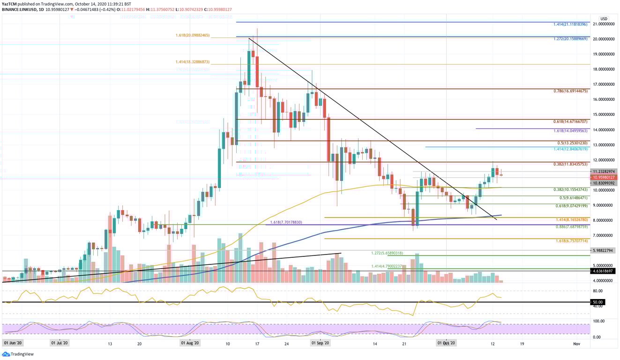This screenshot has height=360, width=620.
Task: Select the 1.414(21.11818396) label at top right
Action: (570, 24)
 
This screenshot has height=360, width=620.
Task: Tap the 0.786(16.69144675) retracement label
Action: (570, 91)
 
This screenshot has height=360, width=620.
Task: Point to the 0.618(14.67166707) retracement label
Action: (570, 121)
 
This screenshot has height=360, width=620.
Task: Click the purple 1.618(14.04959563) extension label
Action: (570, 130)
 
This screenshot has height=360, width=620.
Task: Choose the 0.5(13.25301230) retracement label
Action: (572, 142)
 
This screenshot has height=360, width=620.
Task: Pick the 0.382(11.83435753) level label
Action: (570, 164)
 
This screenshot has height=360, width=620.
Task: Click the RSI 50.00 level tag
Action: (597, 302)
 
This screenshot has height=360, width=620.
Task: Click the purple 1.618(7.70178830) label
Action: (286, 222)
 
